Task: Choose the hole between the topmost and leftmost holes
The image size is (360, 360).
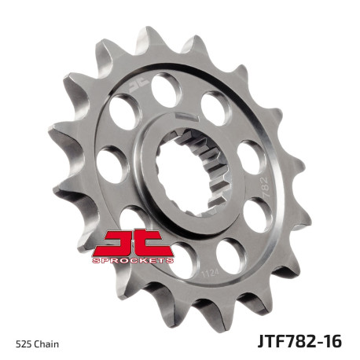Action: tap(125, 112)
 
